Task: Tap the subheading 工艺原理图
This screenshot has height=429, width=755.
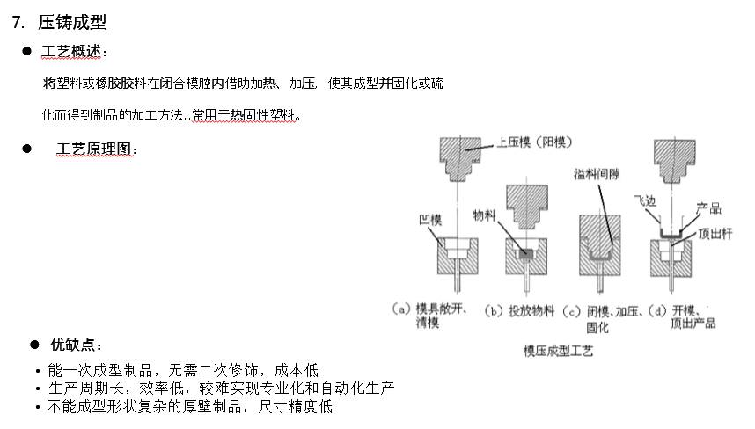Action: click(x=95, y=149)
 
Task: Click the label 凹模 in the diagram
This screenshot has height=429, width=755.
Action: click(x=429, y=214)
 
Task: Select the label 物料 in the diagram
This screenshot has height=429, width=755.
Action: click(x=485, y=214)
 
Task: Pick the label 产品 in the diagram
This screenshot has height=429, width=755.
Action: click(x=708, y=208)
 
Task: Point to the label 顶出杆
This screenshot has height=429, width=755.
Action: click(x=716, y=234)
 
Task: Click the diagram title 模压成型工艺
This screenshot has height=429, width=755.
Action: click(x=560, y=351)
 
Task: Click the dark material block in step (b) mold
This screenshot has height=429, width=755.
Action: click(x=527, y=253)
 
